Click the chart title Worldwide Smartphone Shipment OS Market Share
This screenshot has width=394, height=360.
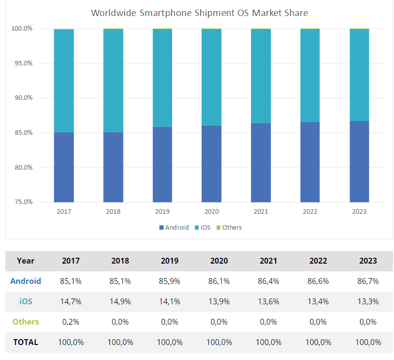tap(199, 13)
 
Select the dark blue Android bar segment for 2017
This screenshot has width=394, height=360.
tap(64, 167)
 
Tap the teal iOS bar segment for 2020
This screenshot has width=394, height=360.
tap(212, 77)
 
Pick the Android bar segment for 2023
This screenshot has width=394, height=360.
tap(359, 161)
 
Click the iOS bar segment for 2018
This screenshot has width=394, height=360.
tap(113, 80)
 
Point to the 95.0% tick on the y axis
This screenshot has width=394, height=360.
tap(24, 63)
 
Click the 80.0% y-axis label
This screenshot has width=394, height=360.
tap(24, 167)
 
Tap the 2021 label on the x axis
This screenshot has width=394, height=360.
tap(261, 212)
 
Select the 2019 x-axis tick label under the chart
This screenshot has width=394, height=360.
tap(162, 212)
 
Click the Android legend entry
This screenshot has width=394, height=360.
tap(174, 227)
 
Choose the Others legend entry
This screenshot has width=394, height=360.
tap(229, 227)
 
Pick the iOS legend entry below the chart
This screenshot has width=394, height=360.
tap(203, 227)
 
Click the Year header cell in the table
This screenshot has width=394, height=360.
tap(26, 261)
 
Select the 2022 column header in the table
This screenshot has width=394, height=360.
tap(318, 261)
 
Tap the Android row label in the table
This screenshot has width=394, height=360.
tap(26, 281)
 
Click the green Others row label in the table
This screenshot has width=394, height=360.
tap(26, 322)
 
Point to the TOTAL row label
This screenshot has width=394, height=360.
tap(26, 342)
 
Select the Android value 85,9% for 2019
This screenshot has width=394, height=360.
tap(170, 281)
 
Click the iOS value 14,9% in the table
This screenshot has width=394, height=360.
tap(120, 301)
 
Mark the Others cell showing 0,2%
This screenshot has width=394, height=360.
tap(71, 322)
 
